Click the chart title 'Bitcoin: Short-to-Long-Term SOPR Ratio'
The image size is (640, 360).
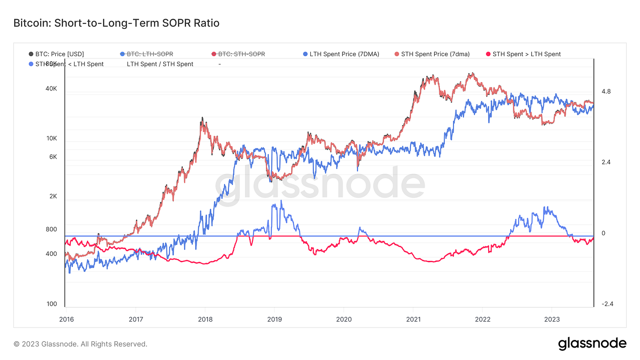pos(117,23)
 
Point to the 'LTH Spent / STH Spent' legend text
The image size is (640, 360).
pos(160,64)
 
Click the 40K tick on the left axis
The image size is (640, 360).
pos(51,89)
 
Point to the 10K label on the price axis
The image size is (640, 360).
pos(51,138)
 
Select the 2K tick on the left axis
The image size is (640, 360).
pos(53,196)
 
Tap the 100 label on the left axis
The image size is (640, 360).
pos(52,304)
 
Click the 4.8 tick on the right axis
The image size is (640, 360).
pos(606,92)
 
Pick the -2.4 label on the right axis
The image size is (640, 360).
pos(607,304)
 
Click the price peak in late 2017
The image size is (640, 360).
pos(201,118)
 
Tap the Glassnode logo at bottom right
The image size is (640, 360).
pos(592,344)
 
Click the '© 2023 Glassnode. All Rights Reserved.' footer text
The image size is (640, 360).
pos(80,344)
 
